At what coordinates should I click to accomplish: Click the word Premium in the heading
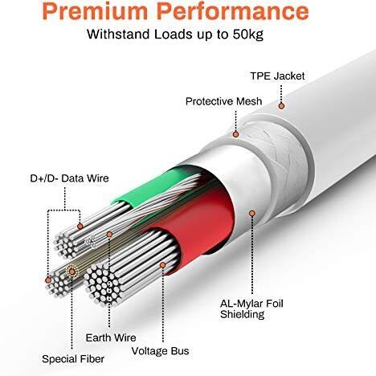95,12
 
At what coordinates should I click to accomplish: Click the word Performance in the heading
235,12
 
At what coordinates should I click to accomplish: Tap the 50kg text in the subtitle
248,35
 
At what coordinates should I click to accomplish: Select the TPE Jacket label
277,76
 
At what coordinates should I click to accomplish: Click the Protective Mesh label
223,101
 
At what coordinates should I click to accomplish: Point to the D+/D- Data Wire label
69,178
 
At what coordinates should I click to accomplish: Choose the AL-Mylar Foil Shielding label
251,309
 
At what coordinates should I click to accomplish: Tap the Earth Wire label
111,337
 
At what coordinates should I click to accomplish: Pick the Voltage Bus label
160,351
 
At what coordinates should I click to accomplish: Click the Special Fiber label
73,359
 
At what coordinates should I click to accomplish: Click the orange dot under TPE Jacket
281,106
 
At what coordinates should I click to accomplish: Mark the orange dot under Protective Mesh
235,134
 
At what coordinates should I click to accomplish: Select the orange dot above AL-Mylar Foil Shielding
252,214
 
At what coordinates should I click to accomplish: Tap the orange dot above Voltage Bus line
163,265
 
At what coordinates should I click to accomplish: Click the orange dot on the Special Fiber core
72,272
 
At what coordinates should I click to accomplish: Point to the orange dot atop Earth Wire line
109,235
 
